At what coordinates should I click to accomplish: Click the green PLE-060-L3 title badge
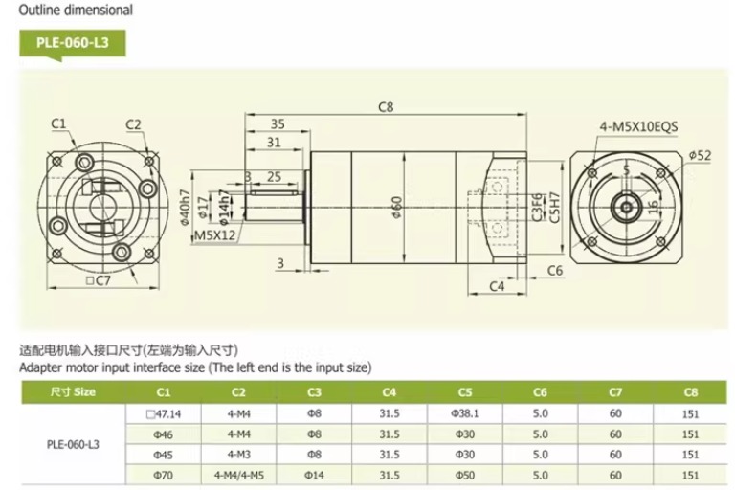(x=73, y=44)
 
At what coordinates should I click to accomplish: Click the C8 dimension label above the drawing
(x=386, y=107)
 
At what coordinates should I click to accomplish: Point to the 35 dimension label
(x=278, y=123)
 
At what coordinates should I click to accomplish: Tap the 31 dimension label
(x=274, y=142)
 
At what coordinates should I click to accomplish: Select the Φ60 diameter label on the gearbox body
(x=397, y=208)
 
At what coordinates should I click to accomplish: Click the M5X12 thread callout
(x=214, y=234)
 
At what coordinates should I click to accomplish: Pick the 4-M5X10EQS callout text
(x=638, y=126)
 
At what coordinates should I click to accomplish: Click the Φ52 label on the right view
(x=701, y=155)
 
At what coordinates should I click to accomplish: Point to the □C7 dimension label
(x=98, y=280)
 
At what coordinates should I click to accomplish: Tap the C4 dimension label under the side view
(x=497, y=286)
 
